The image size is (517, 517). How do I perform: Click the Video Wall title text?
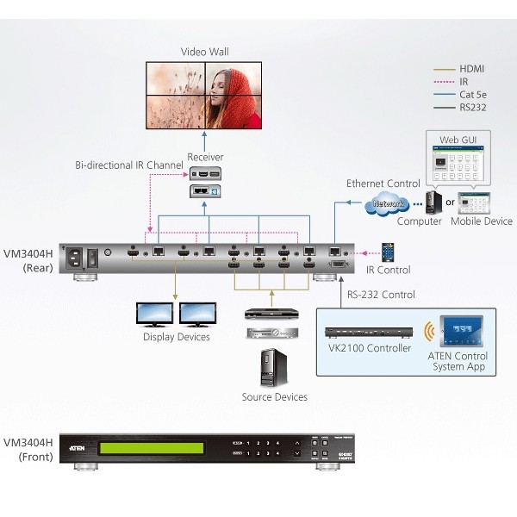pyautogui.click(x=205, y=52)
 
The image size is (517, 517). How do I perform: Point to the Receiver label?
pyautogui.click(x=205, y=157)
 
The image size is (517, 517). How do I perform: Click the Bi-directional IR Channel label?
pyautogui.click(x=128, y=165)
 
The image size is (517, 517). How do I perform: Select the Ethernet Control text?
pyautogui.click(x=383, y=184)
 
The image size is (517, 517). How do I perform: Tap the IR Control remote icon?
pyautogui.click(x=389, y=252)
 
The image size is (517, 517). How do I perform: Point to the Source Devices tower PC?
pyautogui.click(x=274, y=368)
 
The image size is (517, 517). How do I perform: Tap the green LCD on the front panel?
pyautogui.click(x=151, y=449)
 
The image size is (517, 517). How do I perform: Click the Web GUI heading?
pyautogui.click(x=453, y=139)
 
